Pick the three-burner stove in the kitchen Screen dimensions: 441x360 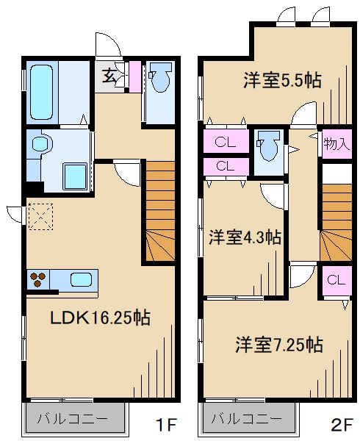pyautogui.click(x=38, y=280)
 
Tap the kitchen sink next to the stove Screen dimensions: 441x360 pyautogui.click(x=80, y=280)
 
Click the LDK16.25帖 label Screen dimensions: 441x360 pyautogui.click(x=100, y=318)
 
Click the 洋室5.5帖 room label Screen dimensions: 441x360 pyautogui.click(x=282, y=80)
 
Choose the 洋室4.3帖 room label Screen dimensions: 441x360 pyautogui.click(x=245, y=237)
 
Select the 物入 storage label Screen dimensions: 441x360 pyautogui.click(x=336, y=143)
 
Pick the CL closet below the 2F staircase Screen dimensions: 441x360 pyautogui.click(x=334, y=279)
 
